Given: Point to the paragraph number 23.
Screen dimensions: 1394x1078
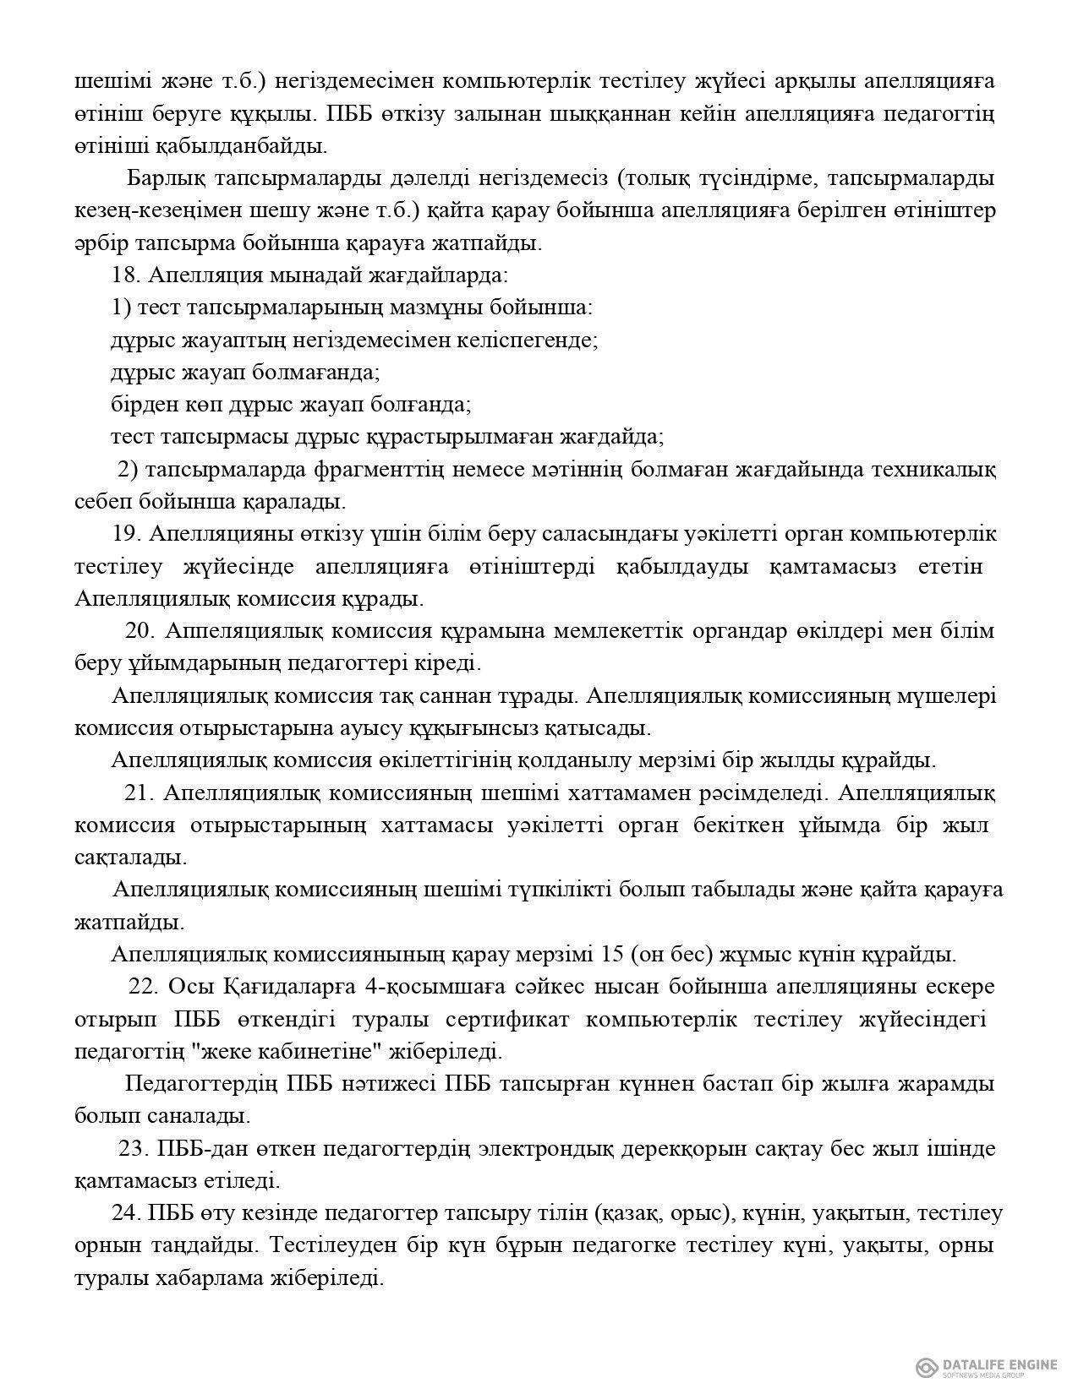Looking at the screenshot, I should (132, 1149).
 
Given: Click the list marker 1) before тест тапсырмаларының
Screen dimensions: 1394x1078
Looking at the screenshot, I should (121, 308).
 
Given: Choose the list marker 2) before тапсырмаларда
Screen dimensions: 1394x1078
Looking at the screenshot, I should (127, 469).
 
